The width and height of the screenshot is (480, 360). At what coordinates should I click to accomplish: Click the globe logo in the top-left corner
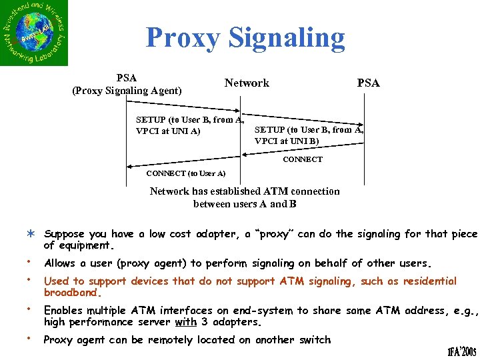tap(34, 33)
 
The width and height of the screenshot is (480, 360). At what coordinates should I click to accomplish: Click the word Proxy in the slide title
tap(182, 38)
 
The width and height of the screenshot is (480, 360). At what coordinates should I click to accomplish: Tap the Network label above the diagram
tap(247, 83)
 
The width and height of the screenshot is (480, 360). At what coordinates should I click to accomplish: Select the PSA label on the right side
tap(368, 83)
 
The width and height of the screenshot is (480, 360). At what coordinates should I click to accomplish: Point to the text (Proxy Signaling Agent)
tap(127, 91)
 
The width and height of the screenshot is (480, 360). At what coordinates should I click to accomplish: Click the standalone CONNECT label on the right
tap(302, 159)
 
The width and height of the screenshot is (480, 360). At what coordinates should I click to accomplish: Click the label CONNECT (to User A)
tap(185, 174)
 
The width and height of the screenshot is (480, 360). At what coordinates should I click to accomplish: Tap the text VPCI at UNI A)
tap(167, 131)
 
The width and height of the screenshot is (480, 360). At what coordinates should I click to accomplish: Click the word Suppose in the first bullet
tap(65, 235)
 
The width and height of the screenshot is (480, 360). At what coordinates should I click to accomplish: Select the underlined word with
tap(185, 322)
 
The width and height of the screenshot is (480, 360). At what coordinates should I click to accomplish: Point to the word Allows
tap(59, 263)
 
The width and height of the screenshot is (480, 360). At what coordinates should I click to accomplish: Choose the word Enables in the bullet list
tap(64, 311)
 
